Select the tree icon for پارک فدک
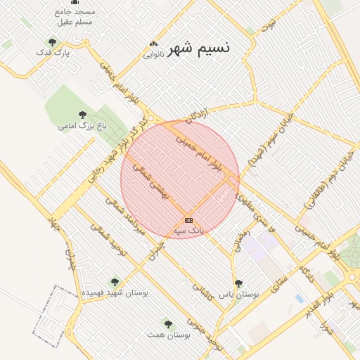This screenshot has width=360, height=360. point(52,42)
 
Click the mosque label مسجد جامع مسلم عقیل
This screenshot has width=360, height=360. point(75,17)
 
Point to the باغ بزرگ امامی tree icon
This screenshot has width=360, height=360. point(82,115)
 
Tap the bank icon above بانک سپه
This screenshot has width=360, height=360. point(188,220)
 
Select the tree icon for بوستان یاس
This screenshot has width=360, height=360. point(238,283)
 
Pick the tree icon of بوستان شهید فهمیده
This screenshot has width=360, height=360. point(114,281)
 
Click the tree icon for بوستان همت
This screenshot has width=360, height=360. point(167,323)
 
